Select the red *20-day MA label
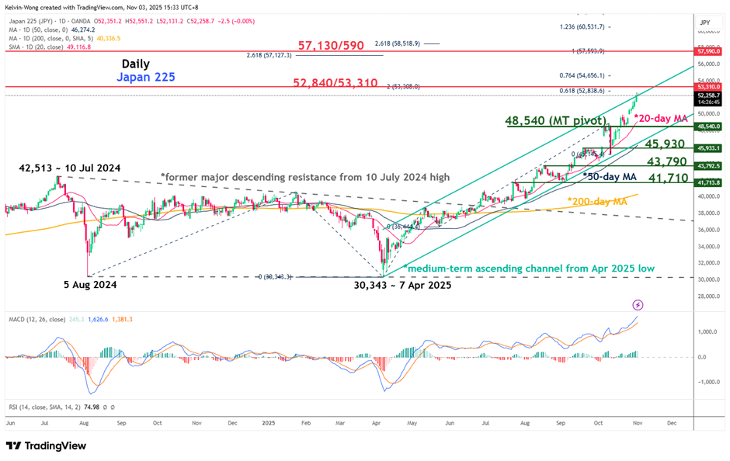click(x=661, y=118)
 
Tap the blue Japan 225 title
click(x=145, y=78)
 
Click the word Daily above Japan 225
click(x=136, y=64)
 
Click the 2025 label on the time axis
click(x=269, y=425)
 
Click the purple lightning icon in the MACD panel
click(x=638, y=305)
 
